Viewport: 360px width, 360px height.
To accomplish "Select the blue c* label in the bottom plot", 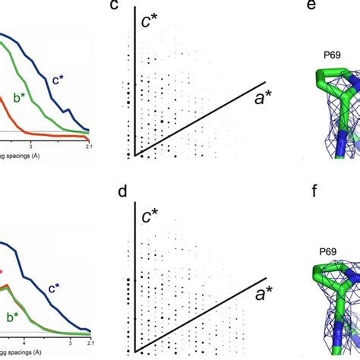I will [x=56, y=288].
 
